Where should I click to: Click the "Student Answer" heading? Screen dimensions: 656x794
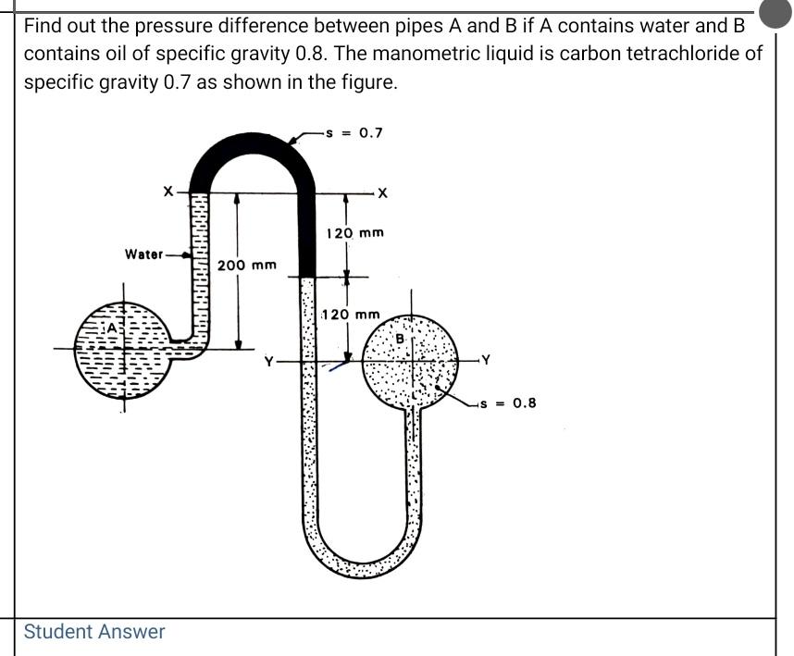click(x=94, y=632)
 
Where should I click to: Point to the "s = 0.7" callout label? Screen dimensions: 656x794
click(x=357, y=132)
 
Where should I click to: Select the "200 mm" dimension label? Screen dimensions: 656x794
click(x=247, y=266)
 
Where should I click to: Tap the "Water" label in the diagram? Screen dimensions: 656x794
click(x=144, y=254)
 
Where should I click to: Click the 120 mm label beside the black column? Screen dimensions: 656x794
click(x=356, y=233)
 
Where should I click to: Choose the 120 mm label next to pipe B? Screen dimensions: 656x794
click(x=351, y=315)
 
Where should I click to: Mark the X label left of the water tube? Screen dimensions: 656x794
click(x=167, y=191)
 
